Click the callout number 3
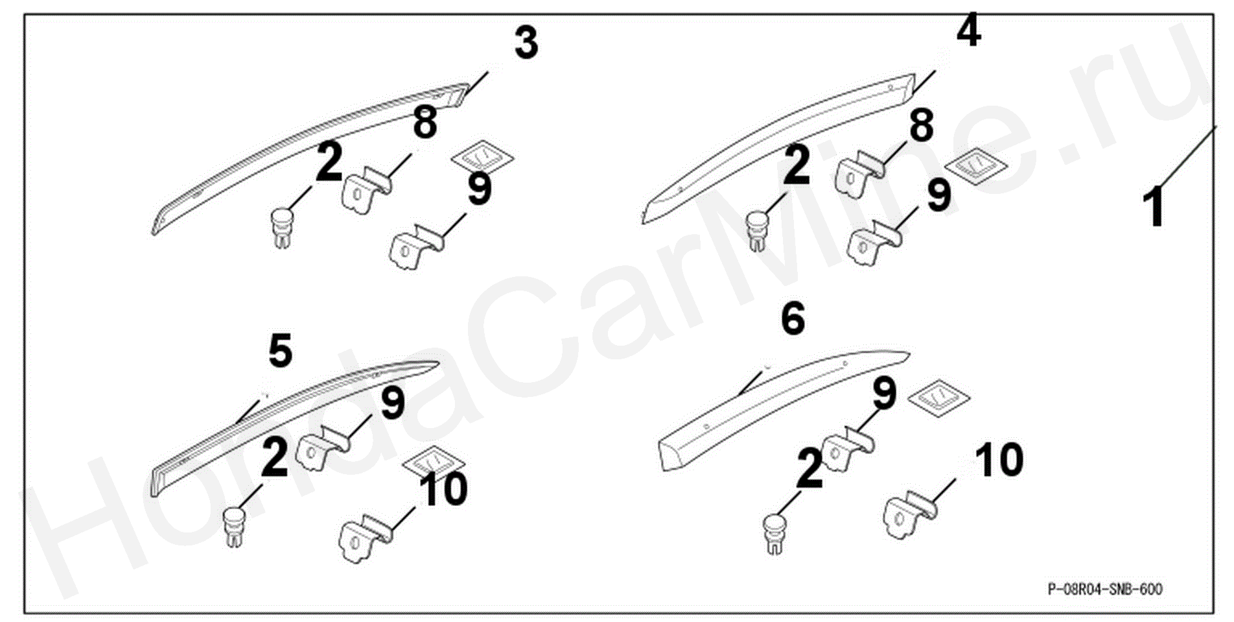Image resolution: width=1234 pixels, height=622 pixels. point(526,43)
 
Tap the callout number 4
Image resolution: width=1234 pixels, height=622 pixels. point(968,30)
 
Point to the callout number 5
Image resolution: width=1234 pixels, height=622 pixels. point(281,351)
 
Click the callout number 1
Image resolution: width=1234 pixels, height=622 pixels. point(1155,207)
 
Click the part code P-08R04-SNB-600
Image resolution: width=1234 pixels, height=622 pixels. point(1104,589)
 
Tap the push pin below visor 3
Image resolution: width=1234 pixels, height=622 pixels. point(282,228)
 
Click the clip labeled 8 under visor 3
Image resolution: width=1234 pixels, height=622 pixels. point(366,188)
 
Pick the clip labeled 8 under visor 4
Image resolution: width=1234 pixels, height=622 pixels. point(860,173)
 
